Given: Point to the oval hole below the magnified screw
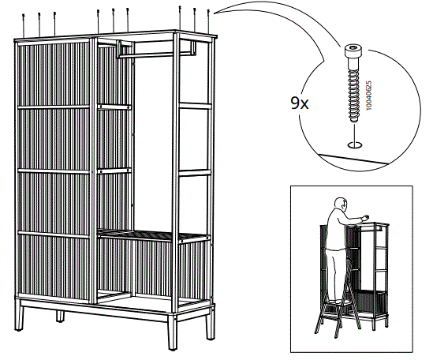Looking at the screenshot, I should click(x=354, y=144).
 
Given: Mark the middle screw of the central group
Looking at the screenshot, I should click(x=114, y=16).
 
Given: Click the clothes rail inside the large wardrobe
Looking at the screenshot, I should click(x=155, y=54).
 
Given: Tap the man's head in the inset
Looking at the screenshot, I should click(x=340, y=206).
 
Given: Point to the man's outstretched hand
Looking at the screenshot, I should click(x=365, y=219).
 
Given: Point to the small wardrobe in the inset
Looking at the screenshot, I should click(x=375, y=272).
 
